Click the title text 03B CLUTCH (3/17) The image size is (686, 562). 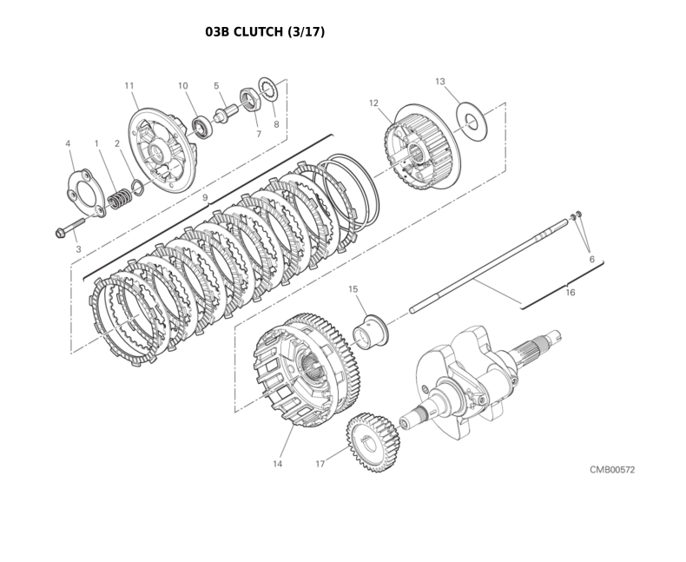click(x=265, y=32)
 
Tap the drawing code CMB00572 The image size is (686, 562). click(x=612, y=470)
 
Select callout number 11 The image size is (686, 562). click(x=129, y=85)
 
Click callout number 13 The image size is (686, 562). click(x=440, y=81)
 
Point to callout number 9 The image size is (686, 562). click(x=205, y=198)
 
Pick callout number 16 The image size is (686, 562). click(x=571, y=293)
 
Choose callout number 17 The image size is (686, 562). click(x=320, y=464)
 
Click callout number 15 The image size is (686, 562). click(x=353, y=288)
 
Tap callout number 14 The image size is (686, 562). click(x=277, y=464)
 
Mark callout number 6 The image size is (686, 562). click(x=591, y=259)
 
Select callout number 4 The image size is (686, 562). click(x=68, y=142)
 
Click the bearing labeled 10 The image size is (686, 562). click(x=202, y=128)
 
